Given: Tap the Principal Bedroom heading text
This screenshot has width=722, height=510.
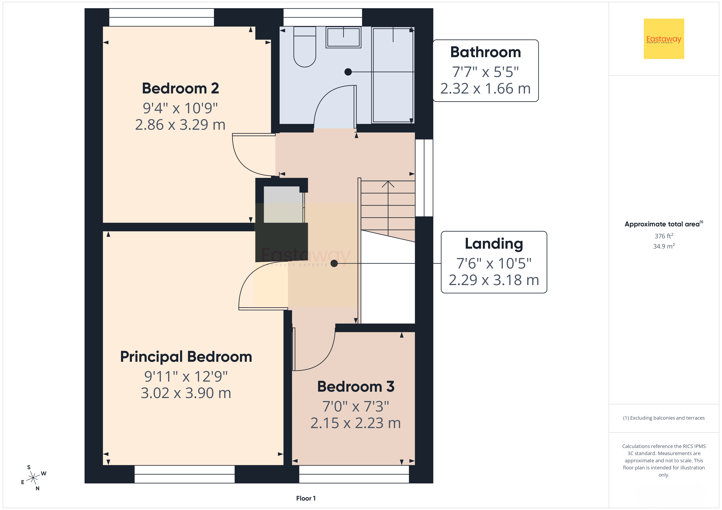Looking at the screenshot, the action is [186, 357].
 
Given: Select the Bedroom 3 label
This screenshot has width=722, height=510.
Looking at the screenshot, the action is [356, 387].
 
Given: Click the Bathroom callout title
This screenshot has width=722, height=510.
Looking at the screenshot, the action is [486, 52].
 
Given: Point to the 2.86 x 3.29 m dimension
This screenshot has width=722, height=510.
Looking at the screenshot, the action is [180, 125].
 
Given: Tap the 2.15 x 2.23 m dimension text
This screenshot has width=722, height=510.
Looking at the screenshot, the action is [356, 423].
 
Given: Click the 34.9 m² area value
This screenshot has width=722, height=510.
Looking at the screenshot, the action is [664, 246].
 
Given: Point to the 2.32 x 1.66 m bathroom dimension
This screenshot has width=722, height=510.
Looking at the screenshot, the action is [486, 89].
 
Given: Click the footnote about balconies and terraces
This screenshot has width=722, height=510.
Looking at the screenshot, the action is [664, 418].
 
